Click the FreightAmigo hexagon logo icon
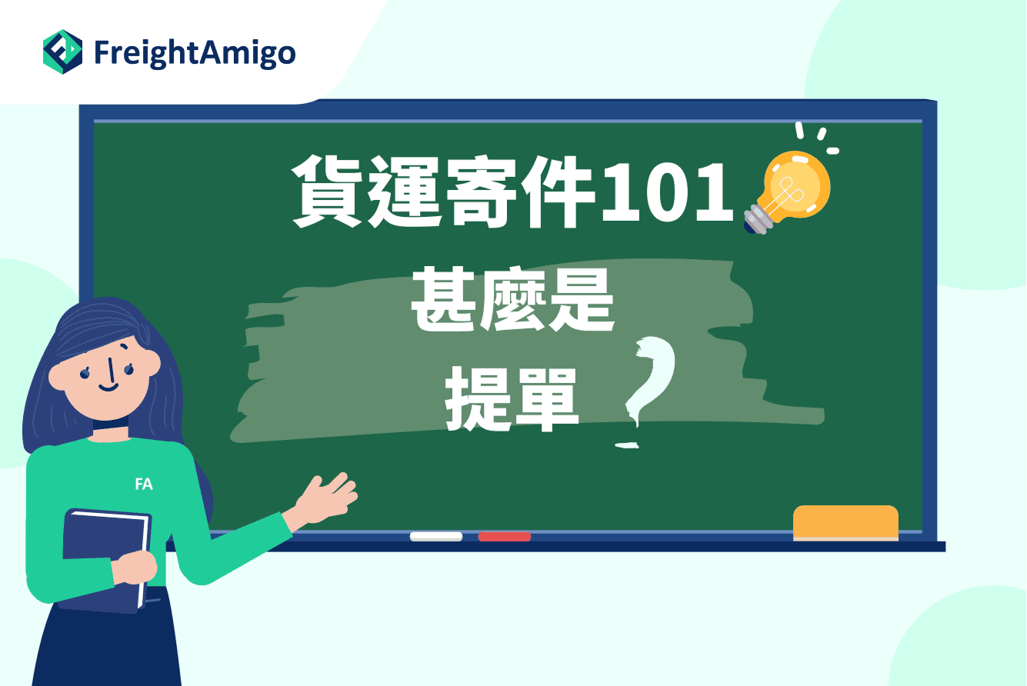pyautogui.click(x=63, y=52)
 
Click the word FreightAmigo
pyautogui.click(x=195, y=54)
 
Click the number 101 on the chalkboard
pyautogui.click(x=668, y=192)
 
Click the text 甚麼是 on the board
pyautogui.click(x=512, y=299)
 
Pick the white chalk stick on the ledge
pyautogui.click(x=436, y=536)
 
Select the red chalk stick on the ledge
pyautogui.click(x=505, y=536)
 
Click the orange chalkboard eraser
pyautogui.click(x=845, y=523)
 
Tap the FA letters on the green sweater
pyautogui.click(x=144, y=484)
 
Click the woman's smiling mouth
pyautogui.click(x=108, y=388)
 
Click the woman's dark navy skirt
pyautogui.click(x=107, y=641)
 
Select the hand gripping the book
pyautogui.click(x=135, y=568)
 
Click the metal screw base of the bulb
pyautogui.click(x=758, y=220)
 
